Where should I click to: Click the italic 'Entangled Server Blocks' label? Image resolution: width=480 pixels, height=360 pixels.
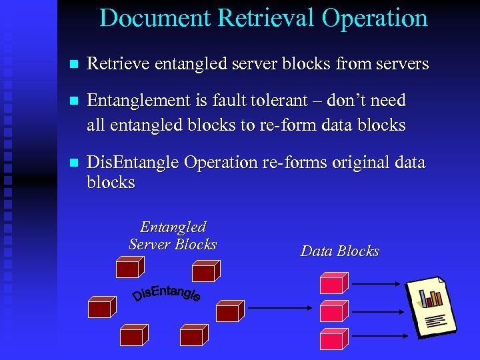click(x=173, y=235)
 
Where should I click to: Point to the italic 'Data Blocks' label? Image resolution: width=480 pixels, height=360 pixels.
click(x=339, y=251)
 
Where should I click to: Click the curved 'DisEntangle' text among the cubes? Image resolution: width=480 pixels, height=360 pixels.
click(x=167, y=291)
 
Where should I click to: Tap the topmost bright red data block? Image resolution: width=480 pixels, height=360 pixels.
click(x=333, y=283)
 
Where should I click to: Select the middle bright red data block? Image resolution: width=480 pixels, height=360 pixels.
click(x=333, y=310)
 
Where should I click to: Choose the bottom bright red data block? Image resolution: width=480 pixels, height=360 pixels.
click(x=333, y=338)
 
